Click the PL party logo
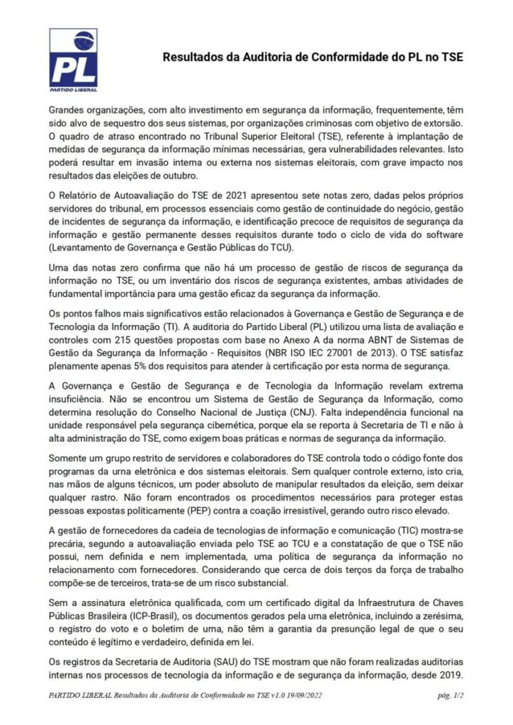click(73, 61)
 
